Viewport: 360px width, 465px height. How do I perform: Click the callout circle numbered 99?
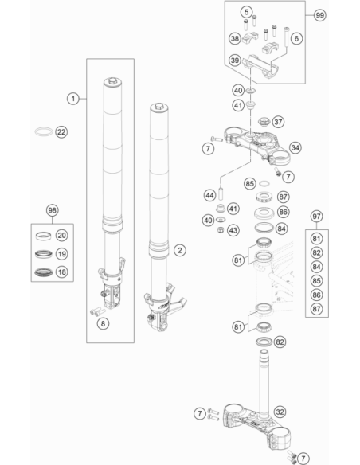319,15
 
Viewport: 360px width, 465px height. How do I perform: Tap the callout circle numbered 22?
61,132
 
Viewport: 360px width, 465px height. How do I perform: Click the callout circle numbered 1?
73,99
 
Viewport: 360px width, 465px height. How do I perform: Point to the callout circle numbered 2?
179,250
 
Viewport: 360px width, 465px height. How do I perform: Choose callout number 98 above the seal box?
53,210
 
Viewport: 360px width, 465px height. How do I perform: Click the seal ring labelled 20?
43,236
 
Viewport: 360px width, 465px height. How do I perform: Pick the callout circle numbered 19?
61,254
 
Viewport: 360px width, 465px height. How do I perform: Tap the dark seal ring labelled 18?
44,272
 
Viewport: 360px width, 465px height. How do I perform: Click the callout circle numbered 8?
103,323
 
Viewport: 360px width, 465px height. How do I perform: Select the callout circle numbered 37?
278,122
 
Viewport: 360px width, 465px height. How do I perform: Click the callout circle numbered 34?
295,147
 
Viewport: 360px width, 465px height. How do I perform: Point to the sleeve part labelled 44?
221,193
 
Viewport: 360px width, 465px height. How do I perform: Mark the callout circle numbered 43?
233,230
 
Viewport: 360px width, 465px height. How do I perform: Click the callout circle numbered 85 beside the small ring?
249,184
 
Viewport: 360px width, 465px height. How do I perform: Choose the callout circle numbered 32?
280,412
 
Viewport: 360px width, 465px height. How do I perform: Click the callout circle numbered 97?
316,217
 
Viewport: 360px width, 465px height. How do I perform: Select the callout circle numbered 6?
296,38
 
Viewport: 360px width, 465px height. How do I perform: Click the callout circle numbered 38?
235,38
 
